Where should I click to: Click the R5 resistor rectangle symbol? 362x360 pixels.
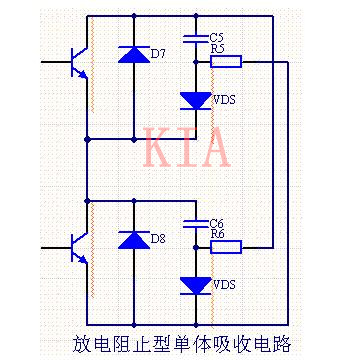227,61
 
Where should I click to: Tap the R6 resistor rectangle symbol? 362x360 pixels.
227,246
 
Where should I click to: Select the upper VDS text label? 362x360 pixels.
225,100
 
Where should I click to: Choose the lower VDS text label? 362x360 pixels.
225,285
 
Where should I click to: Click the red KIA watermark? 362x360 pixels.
187,148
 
